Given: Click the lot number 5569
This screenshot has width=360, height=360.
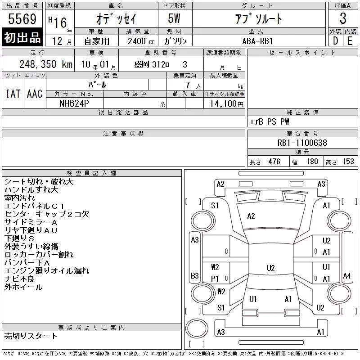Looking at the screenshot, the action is point(22,18).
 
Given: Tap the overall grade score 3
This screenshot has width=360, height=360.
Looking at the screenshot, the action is point(343,18).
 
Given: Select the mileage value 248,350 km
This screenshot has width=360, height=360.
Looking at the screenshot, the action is point(46,64).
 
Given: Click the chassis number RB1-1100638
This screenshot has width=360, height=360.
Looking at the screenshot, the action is point(302,143).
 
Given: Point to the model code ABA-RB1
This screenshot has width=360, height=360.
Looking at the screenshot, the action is point(257,41).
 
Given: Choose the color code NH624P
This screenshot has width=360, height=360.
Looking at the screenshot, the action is point(74,103).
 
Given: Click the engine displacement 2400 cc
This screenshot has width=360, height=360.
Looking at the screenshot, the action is point(141,41).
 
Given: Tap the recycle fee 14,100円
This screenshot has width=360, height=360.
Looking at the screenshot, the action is point(226,104).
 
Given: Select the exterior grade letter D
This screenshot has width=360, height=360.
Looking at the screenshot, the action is point(335,41).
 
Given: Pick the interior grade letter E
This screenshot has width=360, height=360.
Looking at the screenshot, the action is point(350,41).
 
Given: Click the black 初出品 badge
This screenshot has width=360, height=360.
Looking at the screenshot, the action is point(22,37).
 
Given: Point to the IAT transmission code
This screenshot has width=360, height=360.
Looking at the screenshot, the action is point(13,94).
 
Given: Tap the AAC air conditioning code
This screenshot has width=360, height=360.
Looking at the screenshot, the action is point(35,94).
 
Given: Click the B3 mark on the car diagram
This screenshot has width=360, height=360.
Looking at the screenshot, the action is point(195,275).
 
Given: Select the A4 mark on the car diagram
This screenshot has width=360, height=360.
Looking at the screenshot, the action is point(347,275).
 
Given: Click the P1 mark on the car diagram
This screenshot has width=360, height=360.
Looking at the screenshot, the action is point(215,279).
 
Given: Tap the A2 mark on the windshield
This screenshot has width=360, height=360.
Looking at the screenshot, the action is point(251,216).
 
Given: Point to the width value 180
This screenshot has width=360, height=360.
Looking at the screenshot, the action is point(312,162).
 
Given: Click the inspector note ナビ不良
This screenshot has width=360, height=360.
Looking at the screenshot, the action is point(19,279).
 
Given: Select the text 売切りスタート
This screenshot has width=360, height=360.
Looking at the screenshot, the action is point(31,336).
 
